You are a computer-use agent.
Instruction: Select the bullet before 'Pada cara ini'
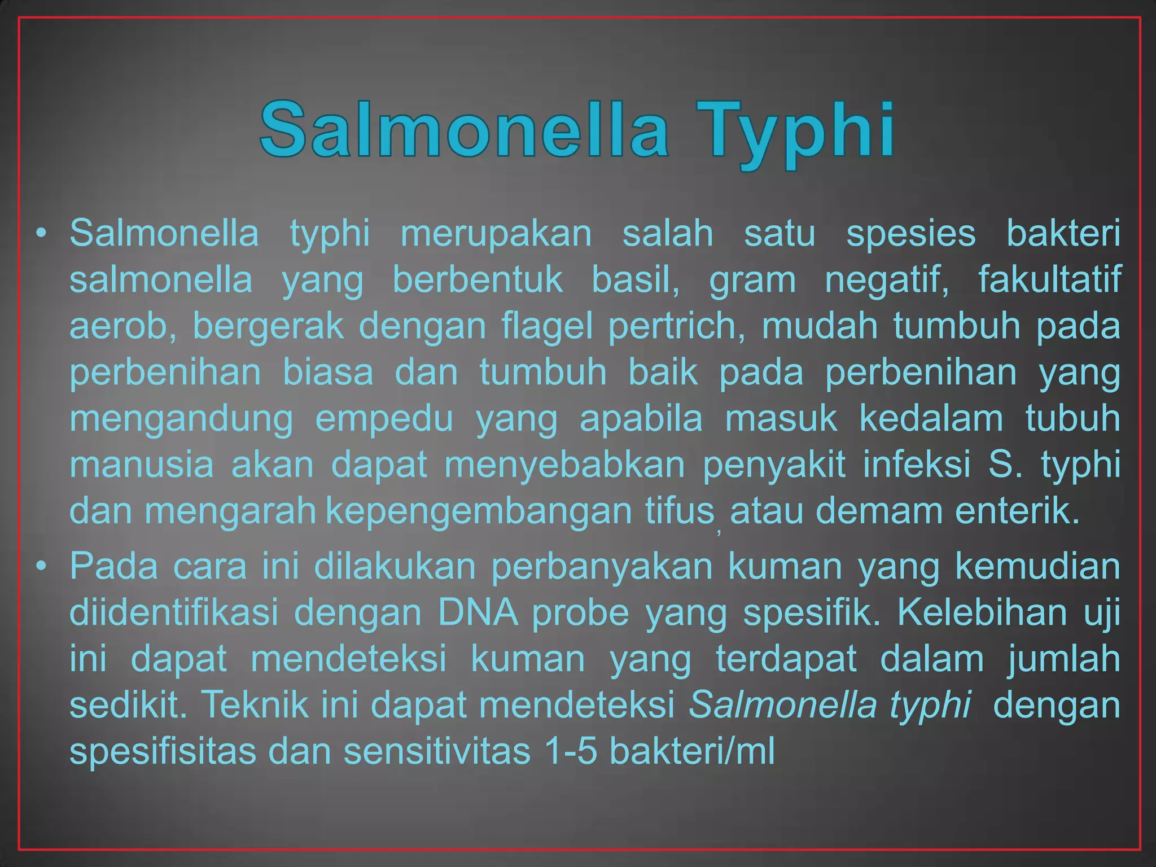click(40, 566)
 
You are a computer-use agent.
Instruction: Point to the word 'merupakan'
click(496, 234)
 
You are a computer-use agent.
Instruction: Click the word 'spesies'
click(910, 234)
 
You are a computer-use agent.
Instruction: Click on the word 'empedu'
click(384, 419)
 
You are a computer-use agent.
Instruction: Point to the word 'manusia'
click(142, 465)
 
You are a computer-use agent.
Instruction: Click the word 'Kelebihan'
click(981, 612)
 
